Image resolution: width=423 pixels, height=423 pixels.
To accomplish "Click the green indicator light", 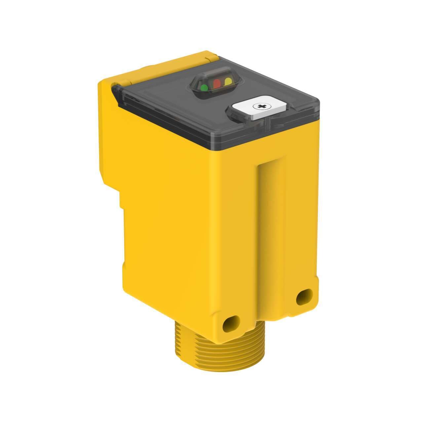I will coord(204,87).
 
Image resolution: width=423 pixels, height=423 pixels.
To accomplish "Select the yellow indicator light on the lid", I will coord(228,81).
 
